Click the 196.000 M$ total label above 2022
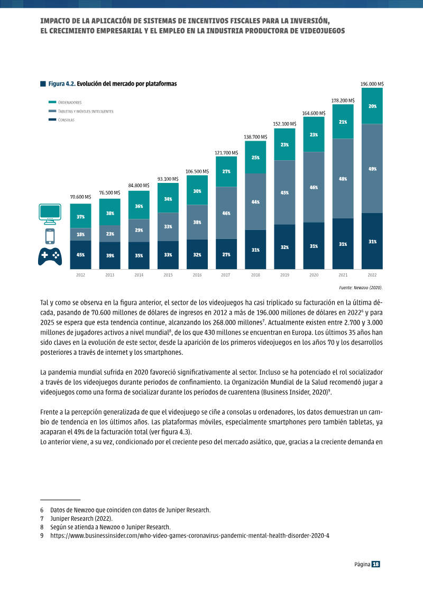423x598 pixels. click(372, 84)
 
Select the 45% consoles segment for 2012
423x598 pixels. click(80, 255)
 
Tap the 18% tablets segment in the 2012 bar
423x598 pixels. click(80, 234)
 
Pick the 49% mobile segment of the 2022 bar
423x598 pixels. click(372, 169)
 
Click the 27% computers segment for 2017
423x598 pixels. click(226, 172)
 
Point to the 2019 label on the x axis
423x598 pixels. click(284, 275)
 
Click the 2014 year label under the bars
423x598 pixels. click(139, 275)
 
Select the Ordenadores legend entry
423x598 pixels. click(65, 102)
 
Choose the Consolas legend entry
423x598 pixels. click(61, 119)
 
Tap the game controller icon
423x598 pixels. click(50, 256)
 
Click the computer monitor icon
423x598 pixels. click(50, 214)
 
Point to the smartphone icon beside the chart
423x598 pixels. click(50, 236)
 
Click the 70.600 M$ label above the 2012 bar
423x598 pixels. click(80, 197)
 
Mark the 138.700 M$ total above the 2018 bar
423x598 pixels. click(255, 137)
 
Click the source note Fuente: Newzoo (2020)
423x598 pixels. click(361, 288)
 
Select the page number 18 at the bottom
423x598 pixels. click(376, 564)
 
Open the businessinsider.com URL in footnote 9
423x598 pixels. click(190, 536)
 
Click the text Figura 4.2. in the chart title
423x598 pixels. click(62, 84)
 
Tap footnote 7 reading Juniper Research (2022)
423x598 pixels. click(81, 519)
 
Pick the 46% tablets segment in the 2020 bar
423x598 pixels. click(314, 187)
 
